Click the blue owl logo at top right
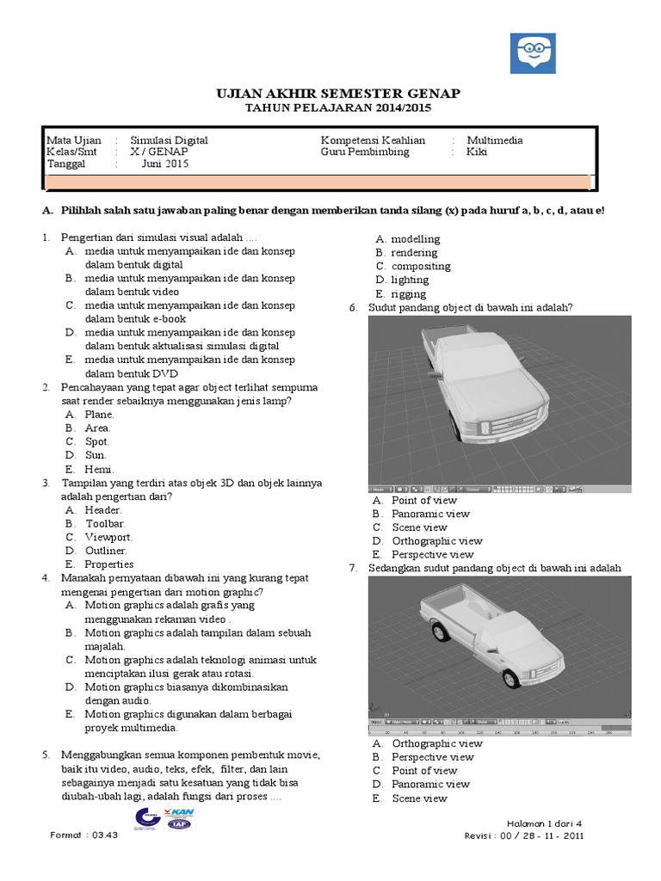tap(533, 56)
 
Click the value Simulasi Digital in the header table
tap(169, 140)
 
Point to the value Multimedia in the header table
tap(494, 140)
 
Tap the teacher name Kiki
tap(477, 152)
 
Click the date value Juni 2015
tap(164, 164)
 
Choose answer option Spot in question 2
tap(97, 441)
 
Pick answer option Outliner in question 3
tap(106, 551)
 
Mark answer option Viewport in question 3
tap(108, 537)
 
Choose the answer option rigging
tap(408, 293)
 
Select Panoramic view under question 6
tap(430, 514)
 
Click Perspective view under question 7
tap(432, 757)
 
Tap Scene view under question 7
tap(419, 798)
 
